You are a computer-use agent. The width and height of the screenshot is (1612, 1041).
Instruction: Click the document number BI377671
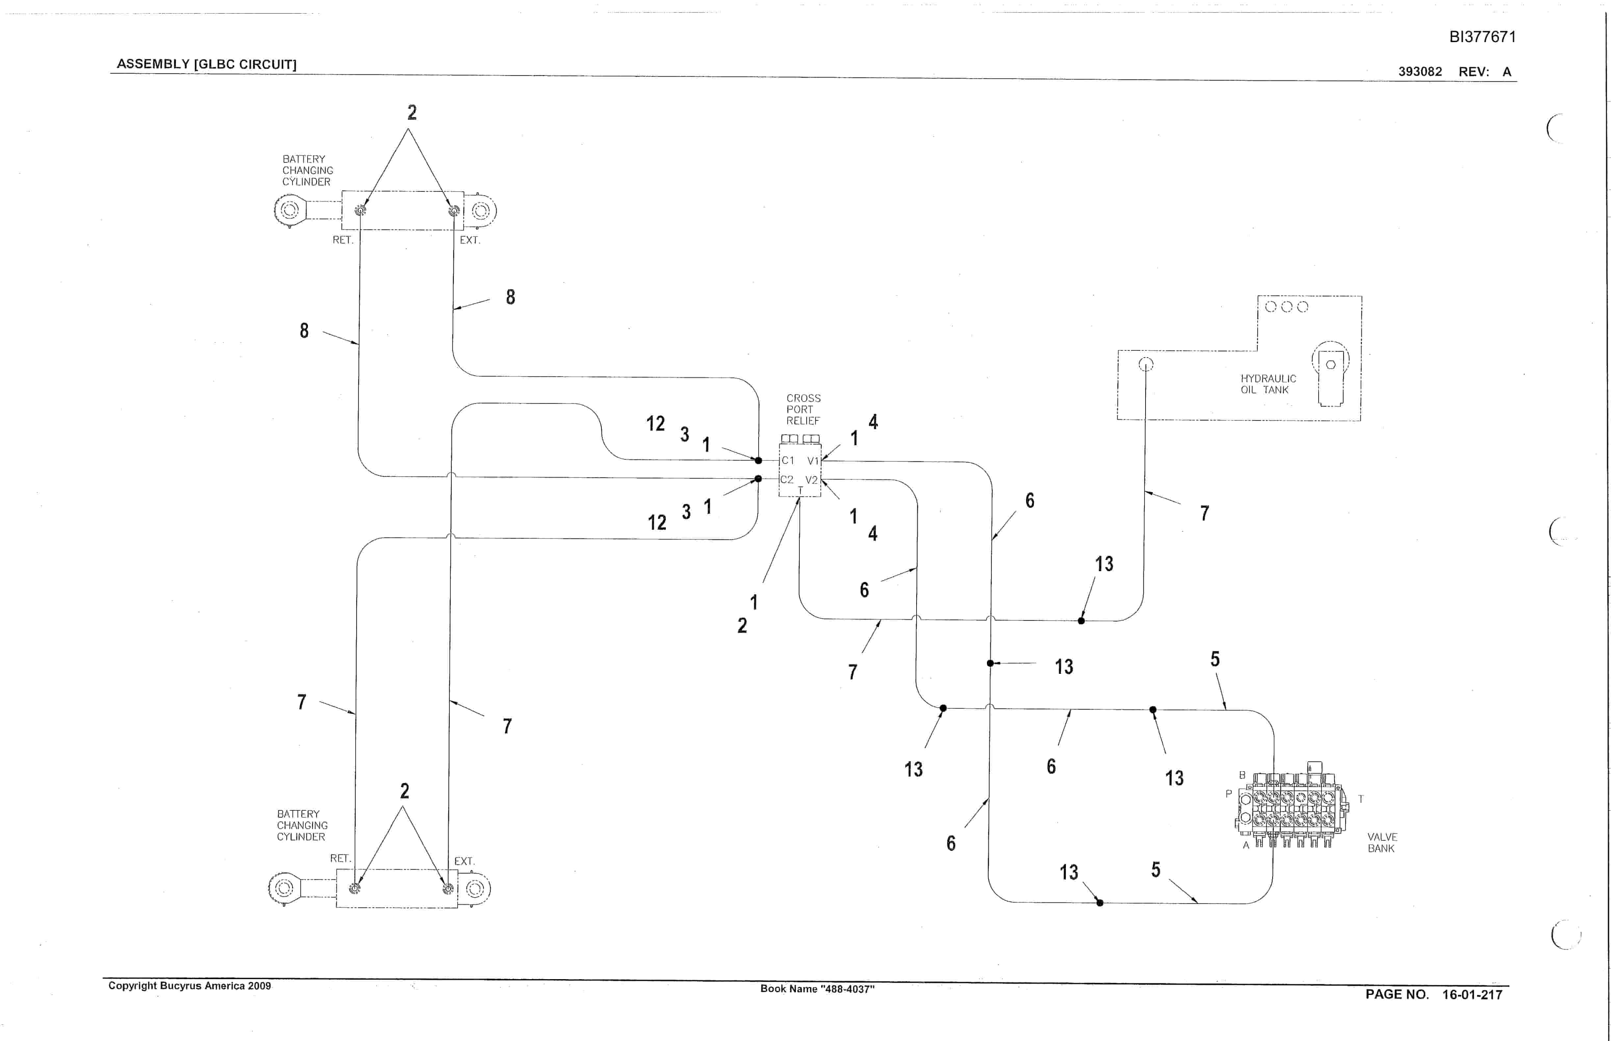(x=1482, y=37)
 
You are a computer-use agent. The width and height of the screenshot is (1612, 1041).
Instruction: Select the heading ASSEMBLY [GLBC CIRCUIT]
(x=207, y=64)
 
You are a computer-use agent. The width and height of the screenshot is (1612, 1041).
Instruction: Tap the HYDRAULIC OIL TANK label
(x=1268, y=384)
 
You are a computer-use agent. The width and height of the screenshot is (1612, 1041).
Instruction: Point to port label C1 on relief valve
(x=788, y=460)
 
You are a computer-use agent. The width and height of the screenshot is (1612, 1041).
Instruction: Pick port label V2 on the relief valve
(x=812, y=480)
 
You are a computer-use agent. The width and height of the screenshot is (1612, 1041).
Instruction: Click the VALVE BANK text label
(x=1382, y=842)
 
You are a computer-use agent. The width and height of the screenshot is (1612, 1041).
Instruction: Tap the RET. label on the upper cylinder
(x=343, y=240)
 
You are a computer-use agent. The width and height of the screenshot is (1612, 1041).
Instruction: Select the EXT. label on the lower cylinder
(x=464, y=861)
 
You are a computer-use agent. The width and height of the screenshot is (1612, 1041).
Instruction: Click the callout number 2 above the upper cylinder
(x=412, y=112)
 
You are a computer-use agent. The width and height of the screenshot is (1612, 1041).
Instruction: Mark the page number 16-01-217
(x=1472, y=994)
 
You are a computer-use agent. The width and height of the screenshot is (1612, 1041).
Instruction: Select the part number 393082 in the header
(x=1420, y=72)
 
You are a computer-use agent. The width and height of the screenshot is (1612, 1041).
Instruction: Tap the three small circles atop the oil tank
(x=1286, y=307)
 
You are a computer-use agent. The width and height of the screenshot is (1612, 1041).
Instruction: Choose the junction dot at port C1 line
(x=758, y=460)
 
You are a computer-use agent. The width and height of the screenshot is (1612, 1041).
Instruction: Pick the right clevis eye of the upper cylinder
(x=481, y=211)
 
